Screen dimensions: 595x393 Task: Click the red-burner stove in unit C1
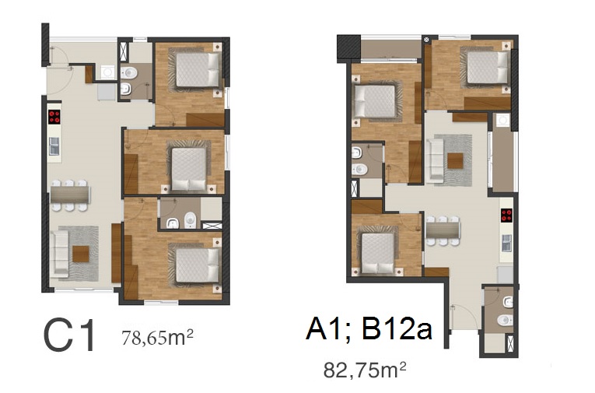click(x=54, y=117)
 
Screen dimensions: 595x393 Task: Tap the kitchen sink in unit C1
click(x=54, y=146)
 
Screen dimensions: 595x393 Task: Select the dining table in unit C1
click(x=70, y=195)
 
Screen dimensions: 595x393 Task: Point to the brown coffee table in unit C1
click(x=81, y=254)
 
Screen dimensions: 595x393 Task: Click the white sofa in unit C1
click(x=60, y=252)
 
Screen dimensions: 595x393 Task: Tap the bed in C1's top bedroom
click(x=198, y=69)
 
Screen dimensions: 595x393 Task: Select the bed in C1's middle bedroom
click(x=188, y=169)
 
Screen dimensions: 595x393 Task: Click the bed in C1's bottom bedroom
click(x=198, y=265)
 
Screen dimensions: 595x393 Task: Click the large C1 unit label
click(x=69, y=335)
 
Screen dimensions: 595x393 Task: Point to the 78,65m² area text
click(x=157, y=337)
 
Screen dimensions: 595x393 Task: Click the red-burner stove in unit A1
click(x=507, y=216)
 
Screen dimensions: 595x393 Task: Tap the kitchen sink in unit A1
click(x=507, y=243)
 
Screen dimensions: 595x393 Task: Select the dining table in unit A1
click(x=443, y=231)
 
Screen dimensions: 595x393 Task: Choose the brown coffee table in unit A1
click(x=455, y=160)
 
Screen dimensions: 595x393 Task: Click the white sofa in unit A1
click(x=435, y=159)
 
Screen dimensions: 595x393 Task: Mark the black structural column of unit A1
click(x=348, y=47)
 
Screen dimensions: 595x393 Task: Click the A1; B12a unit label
click(x=369, y=329)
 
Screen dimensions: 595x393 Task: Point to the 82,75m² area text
click(x=365, y=370)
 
